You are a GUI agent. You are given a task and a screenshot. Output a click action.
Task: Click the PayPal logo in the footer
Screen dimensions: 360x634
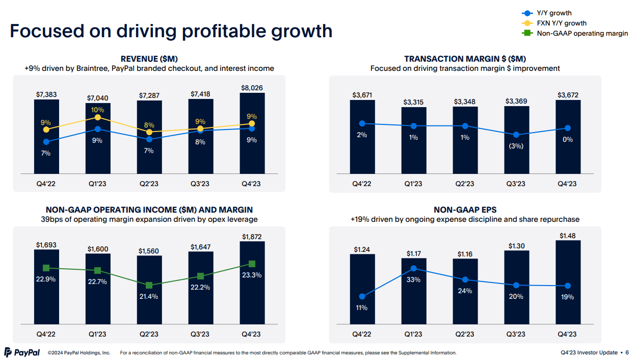pos(22,352)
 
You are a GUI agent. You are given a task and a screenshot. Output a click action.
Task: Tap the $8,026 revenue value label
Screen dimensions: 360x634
pos(252,88)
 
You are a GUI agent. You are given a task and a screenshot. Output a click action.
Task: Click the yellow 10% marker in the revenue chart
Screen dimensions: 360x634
pos(98,117)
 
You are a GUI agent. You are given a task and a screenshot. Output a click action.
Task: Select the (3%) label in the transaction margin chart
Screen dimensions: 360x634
pos(516,146)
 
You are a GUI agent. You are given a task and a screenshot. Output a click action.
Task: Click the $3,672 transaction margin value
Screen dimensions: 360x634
pos(568,95)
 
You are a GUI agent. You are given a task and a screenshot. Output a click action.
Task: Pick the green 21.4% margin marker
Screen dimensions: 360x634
pos(149,285)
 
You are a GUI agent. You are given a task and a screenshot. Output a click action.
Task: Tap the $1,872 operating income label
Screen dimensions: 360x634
pos(252,237)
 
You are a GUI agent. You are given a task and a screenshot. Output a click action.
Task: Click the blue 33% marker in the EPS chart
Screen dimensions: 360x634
pos(414,268)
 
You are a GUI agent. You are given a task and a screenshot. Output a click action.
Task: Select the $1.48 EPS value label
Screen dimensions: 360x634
pos(568,236)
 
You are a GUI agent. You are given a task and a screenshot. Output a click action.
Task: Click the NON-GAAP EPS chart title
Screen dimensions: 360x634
pos(465,210)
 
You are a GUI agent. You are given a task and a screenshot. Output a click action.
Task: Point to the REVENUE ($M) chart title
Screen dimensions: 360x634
pos(149,59)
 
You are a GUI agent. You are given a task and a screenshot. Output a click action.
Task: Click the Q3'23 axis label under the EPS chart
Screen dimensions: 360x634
pos(516,334)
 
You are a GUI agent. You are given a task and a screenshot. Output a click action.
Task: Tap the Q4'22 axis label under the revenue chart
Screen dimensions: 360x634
pos(46,184)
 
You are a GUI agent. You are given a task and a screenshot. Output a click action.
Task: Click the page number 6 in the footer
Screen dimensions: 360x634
pos(627,352)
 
